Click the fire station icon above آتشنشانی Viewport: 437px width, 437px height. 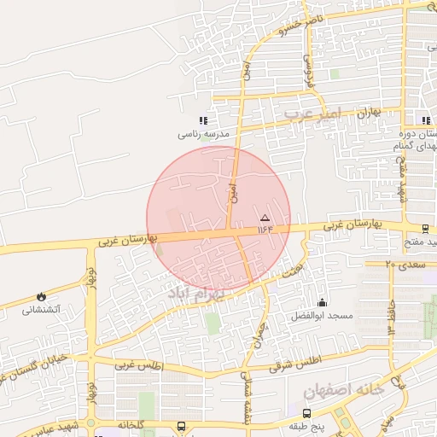[41, 296]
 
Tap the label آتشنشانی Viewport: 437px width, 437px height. [41, 310]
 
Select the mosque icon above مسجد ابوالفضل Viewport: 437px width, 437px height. [322, 301]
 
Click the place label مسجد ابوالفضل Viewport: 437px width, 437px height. [322, 315]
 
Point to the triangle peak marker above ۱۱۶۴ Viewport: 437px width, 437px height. [264, 218]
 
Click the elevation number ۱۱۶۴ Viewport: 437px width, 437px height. [264, 228]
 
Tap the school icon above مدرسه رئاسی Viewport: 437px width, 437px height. [203, 121]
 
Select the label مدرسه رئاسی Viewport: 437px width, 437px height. [204, 135]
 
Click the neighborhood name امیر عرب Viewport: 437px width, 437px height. [312, 112]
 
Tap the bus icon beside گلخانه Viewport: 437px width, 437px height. [181, 425]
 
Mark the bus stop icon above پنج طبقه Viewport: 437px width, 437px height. [306, 412]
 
